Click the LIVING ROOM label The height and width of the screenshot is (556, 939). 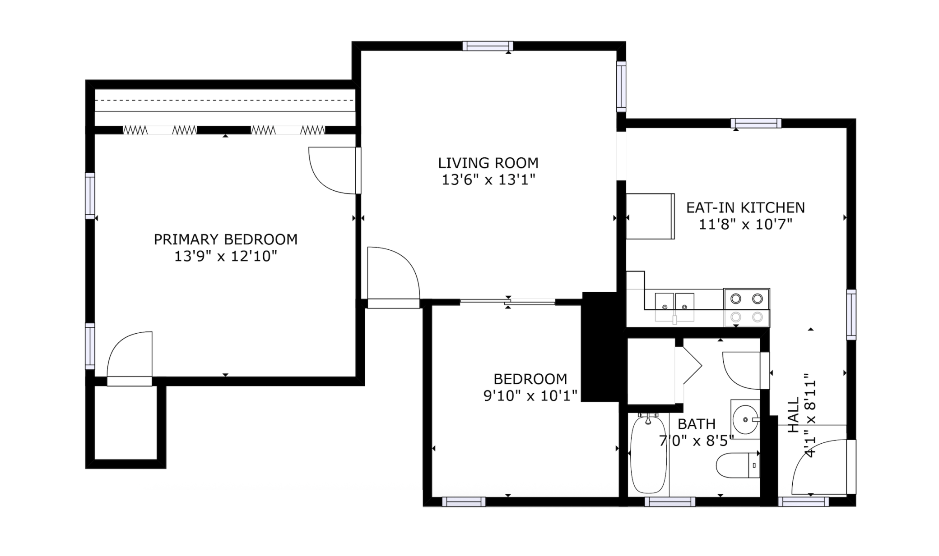(488, 163)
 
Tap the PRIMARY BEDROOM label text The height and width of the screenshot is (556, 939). (226, 239)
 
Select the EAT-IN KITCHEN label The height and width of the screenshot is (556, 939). (745, 208)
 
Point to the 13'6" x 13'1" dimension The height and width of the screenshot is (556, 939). (488, 180)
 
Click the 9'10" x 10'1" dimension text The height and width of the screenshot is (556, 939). (530, 396)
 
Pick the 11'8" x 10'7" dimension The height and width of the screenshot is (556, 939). (745, 224)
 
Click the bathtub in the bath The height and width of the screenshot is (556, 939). (648, 454)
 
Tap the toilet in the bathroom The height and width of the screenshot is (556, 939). (738, 465)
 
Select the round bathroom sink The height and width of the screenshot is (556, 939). (745, 419)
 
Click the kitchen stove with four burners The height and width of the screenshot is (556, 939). (747, 308)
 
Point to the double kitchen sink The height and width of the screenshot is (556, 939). (674, 307)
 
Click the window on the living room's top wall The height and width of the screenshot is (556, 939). (488, 46)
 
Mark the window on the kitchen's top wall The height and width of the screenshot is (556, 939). (756, 123)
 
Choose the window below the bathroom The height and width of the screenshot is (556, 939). (670, 502)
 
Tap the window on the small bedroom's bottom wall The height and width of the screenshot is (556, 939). (464, 502)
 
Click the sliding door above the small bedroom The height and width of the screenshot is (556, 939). (507, 302)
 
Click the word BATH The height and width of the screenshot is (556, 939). (697, 424)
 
